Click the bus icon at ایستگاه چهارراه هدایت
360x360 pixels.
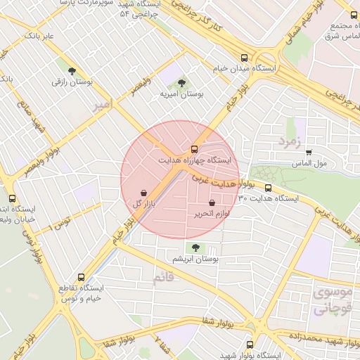[195, 149]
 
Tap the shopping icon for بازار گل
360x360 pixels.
[144, 192]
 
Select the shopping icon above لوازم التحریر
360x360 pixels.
[212, 202]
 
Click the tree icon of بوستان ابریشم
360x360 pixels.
[196, 247]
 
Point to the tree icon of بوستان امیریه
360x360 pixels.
[182, 83]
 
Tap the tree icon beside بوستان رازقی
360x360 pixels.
[72, 70]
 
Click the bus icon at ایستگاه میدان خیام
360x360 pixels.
[244, 58]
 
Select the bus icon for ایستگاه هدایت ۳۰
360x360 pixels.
[269, 188]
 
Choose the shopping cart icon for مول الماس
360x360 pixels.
[309, 152]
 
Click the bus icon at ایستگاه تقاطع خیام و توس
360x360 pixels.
[82, 277]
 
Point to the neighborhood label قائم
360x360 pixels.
[162, 279]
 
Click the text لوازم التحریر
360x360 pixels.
[213, 214]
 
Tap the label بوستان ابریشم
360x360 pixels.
[196, 259]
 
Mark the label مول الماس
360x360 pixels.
[309, 164]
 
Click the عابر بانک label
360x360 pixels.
[39, 34]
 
